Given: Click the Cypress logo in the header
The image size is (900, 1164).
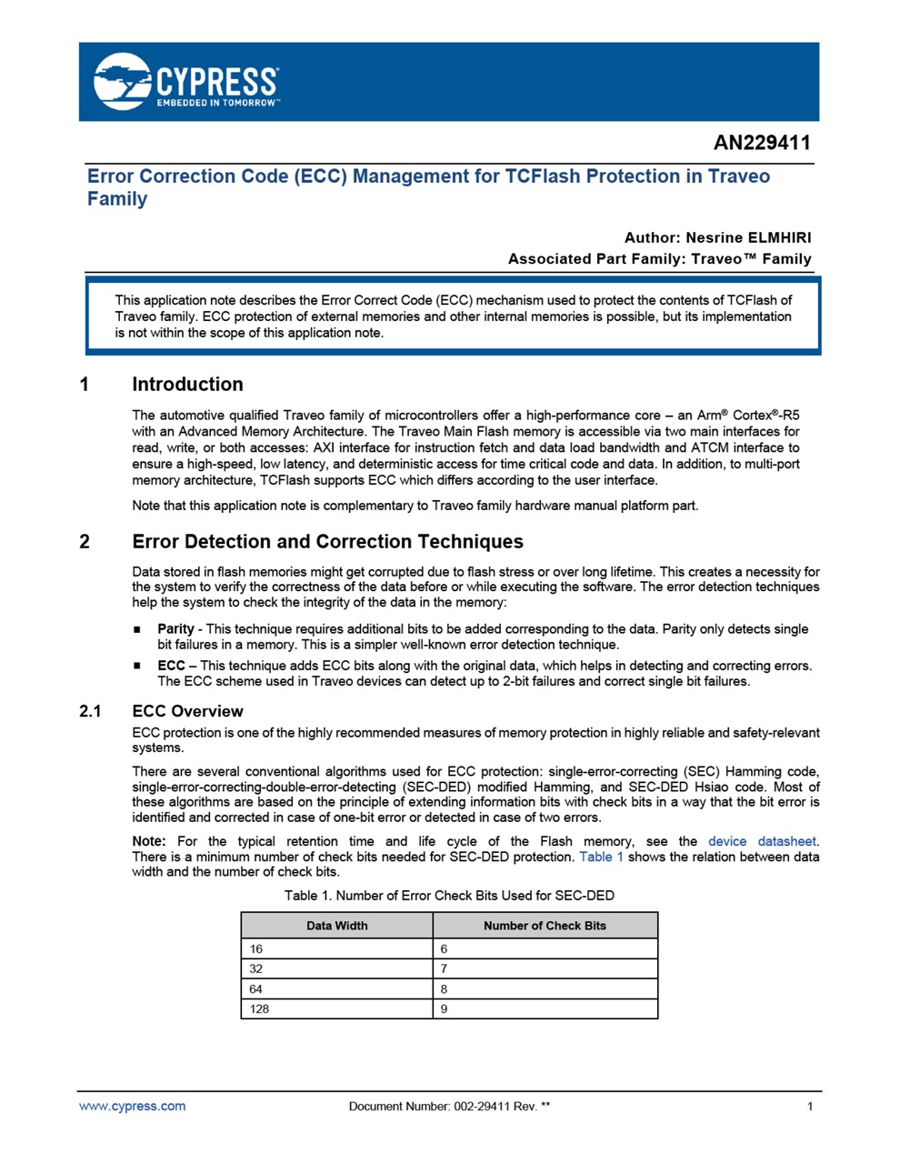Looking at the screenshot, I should point(186,82).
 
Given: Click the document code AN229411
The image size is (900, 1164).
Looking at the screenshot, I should point(762,143).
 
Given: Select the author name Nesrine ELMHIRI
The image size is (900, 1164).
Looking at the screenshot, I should point(748,238).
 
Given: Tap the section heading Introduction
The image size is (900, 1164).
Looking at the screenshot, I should point(187,385).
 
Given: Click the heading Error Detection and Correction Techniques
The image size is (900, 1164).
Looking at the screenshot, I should point(327,542).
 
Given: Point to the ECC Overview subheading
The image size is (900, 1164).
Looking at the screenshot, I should point(187,711).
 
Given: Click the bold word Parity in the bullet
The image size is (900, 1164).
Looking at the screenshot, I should point(175,628).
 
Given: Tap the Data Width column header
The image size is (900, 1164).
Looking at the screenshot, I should point(336,926).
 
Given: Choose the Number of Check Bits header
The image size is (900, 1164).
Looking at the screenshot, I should point(545,926).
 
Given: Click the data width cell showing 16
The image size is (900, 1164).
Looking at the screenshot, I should point(256,948).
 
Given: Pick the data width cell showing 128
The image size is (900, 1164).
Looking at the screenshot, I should point(259,1008).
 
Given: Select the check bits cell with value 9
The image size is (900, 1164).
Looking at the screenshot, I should point(445,1008).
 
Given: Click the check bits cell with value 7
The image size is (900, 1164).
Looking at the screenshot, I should point(445,968).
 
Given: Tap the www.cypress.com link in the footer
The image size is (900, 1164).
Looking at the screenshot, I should point(132,1106).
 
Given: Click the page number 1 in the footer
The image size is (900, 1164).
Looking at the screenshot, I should point(810,1107).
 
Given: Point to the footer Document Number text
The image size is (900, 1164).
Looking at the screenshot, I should point(449,1107).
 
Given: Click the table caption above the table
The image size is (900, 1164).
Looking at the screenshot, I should point(449,896).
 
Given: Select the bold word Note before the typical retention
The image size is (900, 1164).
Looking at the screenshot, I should point(148,841).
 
